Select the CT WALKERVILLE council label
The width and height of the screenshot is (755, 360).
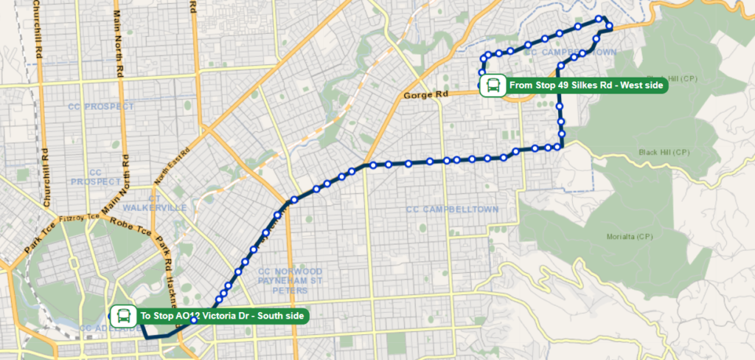(x=155, y=203)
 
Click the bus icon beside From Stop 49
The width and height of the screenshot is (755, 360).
(x=492, y=86)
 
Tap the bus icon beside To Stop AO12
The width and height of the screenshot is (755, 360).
(x=123, y=316)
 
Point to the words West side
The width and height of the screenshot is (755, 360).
(x=641, y=86)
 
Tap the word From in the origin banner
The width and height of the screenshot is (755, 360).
(x=521, y=86)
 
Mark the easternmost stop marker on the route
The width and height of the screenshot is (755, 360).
(x=610, y=27)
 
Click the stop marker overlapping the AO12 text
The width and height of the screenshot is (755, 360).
(x=194, y=320)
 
